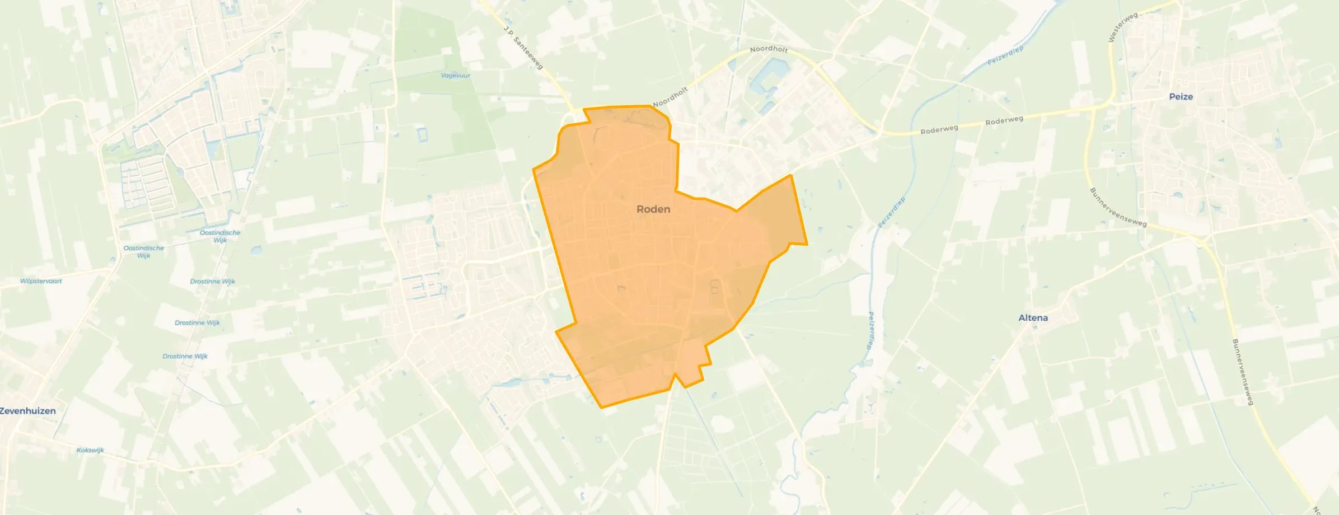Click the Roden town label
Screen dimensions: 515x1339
(653, 209)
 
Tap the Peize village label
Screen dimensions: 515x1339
(1181, 97)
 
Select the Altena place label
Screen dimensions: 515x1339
(1033, 318)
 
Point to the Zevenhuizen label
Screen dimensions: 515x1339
(28, 411)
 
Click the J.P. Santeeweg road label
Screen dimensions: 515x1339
(523, 48)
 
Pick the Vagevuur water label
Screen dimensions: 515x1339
(455, 76)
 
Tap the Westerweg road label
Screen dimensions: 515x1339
(1122, 27)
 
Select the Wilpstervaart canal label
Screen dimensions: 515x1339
(41, 281)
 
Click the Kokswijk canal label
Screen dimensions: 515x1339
(90, 450)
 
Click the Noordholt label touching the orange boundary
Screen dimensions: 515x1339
(669, 97)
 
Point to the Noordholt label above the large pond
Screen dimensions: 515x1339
(768, 49)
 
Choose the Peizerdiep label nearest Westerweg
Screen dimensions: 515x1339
(1005, 55)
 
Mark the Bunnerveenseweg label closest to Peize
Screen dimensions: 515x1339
(1117, 208)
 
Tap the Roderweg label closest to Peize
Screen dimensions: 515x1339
(1004, 120)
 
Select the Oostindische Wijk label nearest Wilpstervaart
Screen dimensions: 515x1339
(144, 251)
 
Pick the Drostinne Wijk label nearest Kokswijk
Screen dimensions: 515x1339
(185, 356)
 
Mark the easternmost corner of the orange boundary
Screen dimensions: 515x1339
(807, 244)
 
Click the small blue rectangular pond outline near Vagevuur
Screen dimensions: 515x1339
(422, 135)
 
